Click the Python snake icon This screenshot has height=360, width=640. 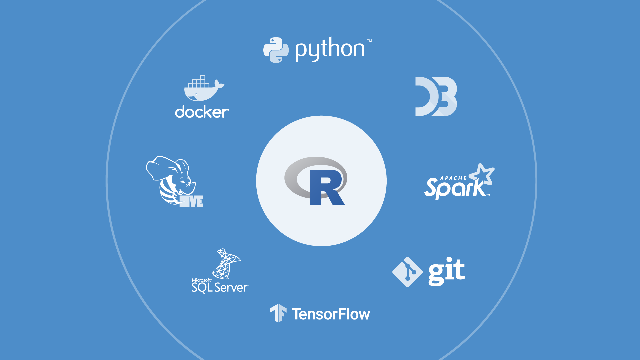[276, 50]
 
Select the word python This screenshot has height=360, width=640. [330, 49]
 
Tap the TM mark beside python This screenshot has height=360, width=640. [369, 41]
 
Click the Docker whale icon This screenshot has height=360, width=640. [202, 89]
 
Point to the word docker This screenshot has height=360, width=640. [202, 112]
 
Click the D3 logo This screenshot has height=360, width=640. [436, 96]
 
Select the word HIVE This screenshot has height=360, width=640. [191, 201]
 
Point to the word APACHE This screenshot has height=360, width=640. [453, 178]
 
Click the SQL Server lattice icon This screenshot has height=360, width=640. [226, 264]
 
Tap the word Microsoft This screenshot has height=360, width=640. [202, 280]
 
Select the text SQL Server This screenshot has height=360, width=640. [220, 288]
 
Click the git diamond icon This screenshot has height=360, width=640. [407, 272]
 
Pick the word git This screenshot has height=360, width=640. [447, 271]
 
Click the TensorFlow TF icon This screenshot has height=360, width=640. [278, 313]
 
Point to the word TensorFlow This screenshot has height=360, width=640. [331, 314]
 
